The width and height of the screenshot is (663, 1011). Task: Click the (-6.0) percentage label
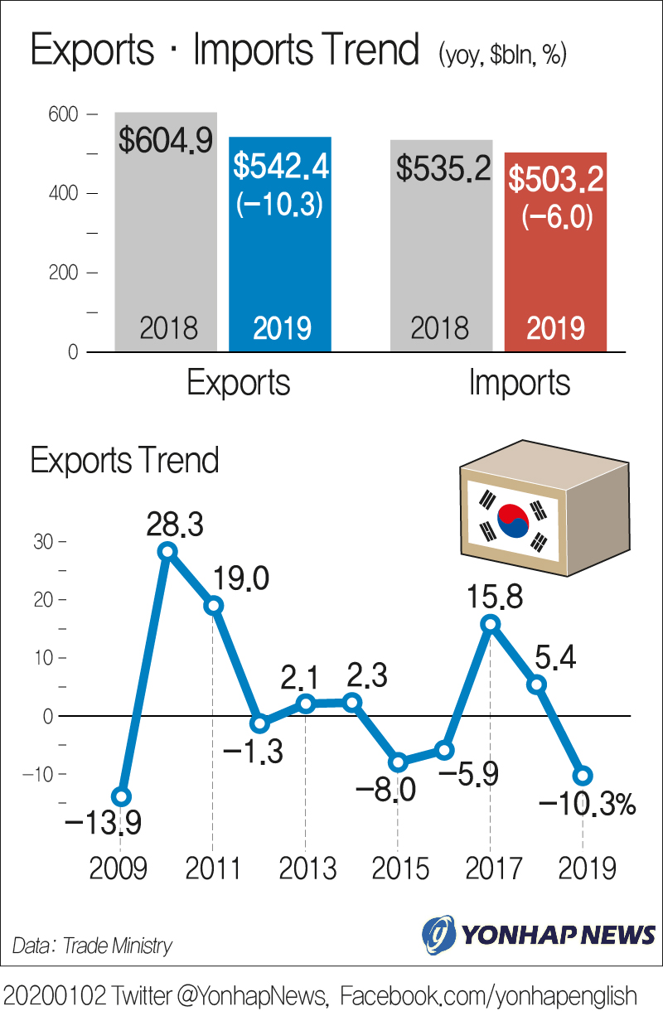pos(556,217)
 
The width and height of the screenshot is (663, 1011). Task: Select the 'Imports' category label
pos(520,383)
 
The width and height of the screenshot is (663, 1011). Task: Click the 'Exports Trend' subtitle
pos(124,460)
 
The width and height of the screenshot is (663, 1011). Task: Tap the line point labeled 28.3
pos(167,551)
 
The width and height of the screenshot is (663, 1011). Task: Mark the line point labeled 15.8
pos(491,624)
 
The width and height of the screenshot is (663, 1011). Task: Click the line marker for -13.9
pos(121,797)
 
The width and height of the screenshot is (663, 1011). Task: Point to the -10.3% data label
pos(587,803)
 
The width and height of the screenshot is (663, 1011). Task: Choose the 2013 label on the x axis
pos(307,868)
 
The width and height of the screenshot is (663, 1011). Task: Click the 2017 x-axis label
pos(494,868)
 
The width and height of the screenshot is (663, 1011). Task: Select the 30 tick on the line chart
pos(43,542)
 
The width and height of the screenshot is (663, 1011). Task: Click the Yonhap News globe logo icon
pos(438,935)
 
